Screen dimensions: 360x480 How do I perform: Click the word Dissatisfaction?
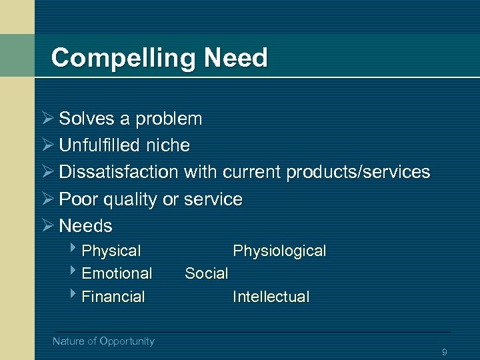click(x=119, y=172)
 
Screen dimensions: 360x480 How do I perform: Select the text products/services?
click(x=358, y=173)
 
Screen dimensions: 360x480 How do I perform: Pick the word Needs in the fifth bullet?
click(x=86, y=225)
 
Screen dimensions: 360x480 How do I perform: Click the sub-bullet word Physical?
click(x=111, y=251)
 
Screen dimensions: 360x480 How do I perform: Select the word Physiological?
click(x=279, y=251)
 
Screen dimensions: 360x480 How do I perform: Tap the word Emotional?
click(x=117, y=273)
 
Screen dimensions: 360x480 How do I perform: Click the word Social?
click(x=207, y=273)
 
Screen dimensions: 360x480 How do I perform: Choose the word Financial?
click(x=113, y=297)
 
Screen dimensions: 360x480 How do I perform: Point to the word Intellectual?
click(x=271, y=297)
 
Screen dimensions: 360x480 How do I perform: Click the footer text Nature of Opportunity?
click(x=103, y=341)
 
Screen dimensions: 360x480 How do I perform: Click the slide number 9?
click(x=444, y=352)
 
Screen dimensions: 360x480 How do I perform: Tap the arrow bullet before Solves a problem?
click(x=47, y=119)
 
